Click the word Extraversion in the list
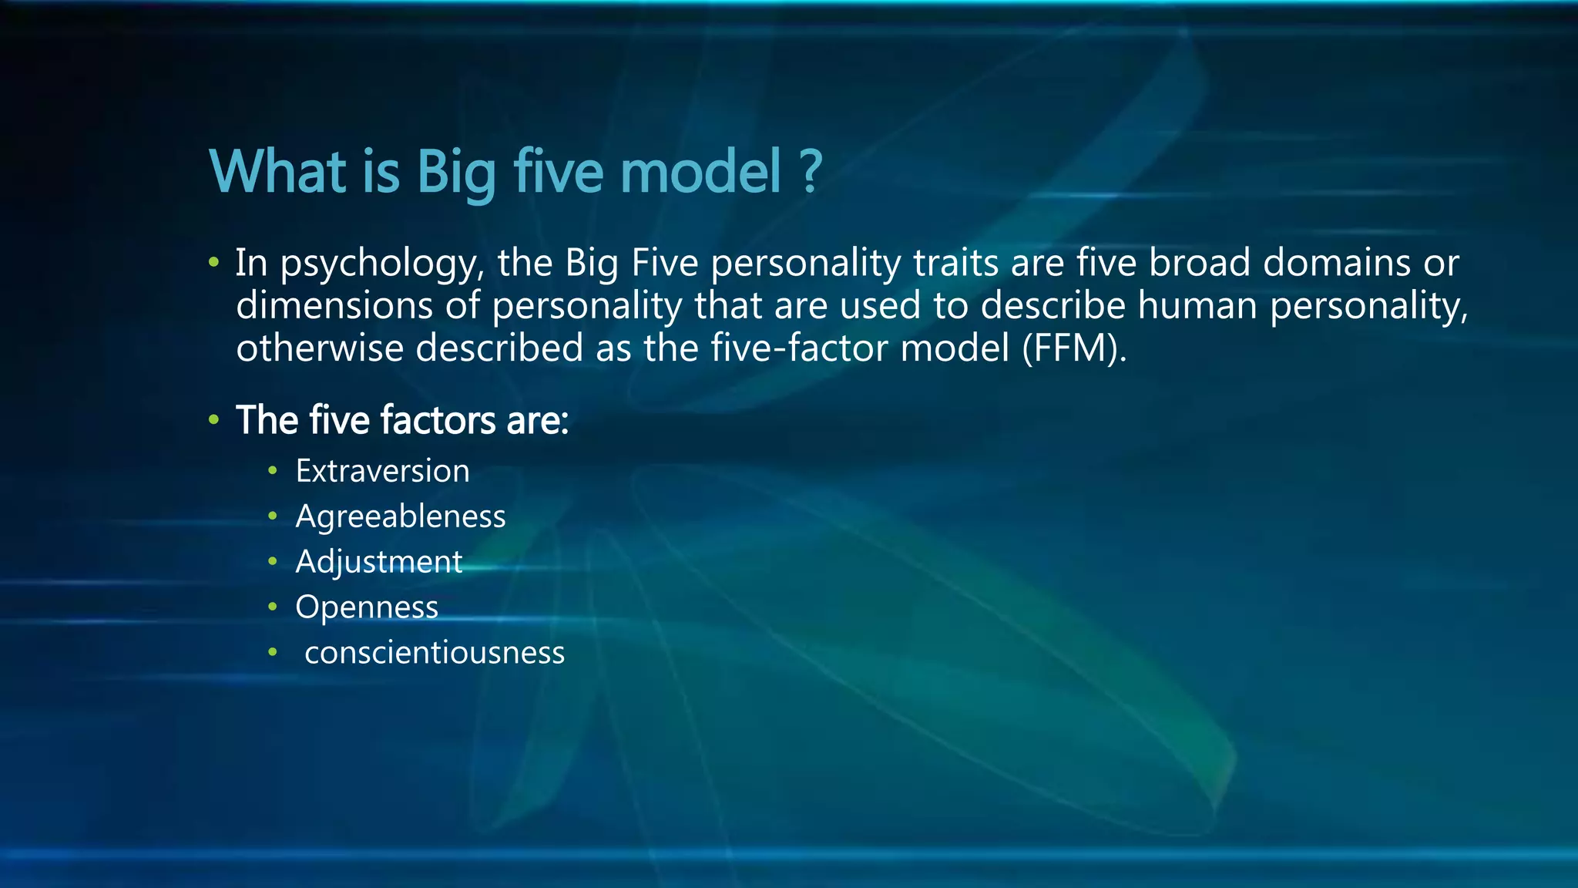pos(382,471)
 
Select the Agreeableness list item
pos(400,516)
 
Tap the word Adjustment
pos(378,562)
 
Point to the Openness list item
pos(367,607)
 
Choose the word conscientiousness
pos(435,653)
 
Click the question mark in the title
pos(810,171)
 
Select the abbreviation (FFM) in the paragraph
pos(1074,348)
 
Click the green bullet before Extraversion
pos(272,470)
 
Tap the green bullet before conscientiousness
pos(272,652)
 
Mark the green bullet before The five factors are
pos(213,420)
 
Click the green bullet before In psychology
pos(213,263)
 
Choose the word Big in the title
pos(456,173)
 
